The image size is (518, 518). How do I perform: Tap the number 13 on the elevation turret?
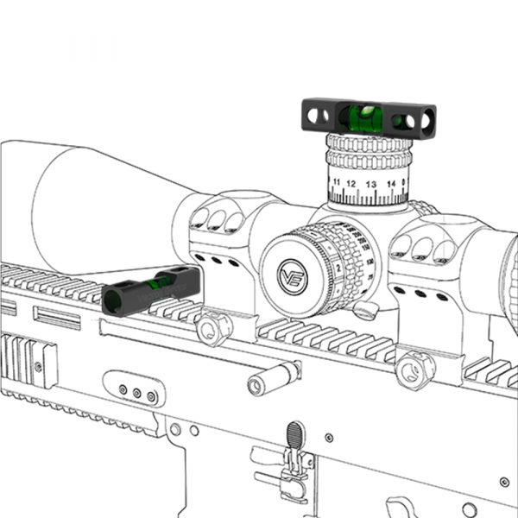click(x=370, y=185)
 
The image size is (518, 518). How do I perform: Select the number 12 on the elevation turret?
click(x=351, y=185)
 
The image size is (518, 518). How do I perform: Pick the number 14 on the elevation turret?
click(x=390, y=184)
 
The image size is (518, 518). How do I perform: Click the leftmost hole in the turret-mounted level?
click(x=313, y=111)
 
